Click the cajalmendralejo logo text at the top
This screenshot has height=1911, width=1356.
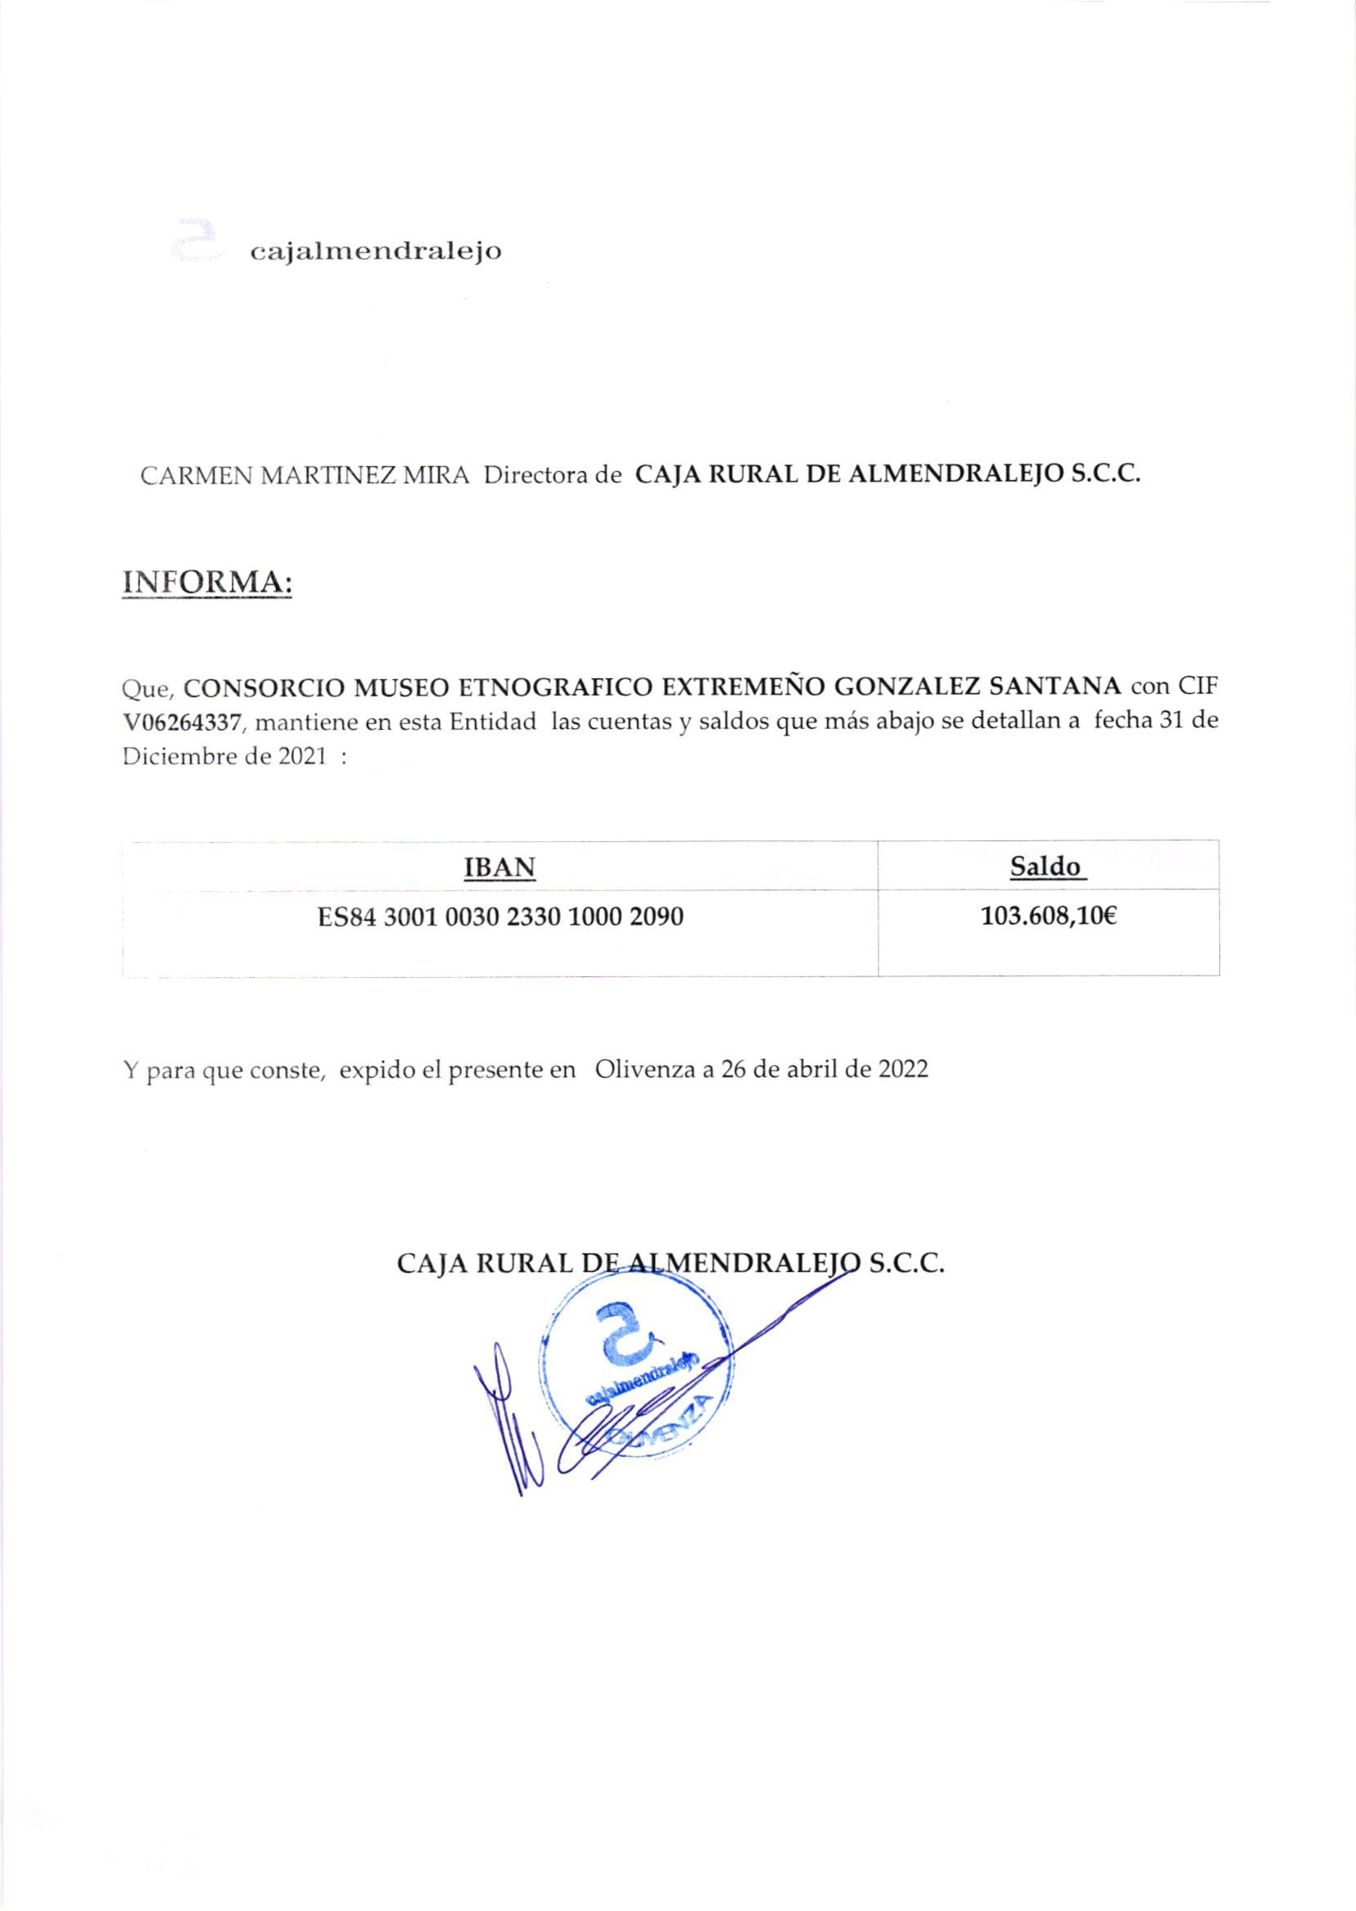point(376,251)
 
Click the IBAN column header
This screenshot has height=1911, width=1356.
point(499,867)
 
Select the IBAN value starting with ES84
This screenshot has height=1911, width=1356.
point(500,918)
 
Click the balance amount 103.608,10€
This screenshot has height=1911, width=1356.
point(1048,918)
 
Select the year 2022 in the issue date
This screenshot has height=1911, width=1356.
point(902,1069)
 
